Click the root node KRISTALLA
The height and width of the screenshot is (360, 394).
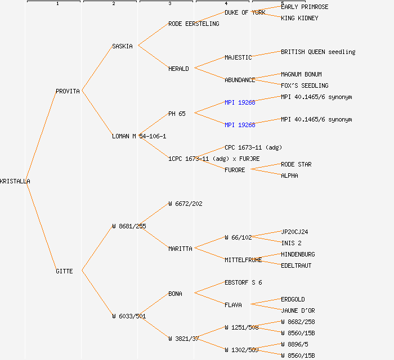click(x=15, y=181)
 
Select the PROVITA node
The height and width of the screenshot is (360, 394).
click(x=68, y=91)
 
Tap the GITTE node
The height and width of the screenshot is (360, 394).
click(x=64, y=271)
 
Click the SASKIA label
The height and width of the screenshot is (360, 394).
click(x=122, y=46)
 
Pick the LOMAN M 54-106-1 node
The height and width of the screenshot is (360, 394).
click(x=139, y=136)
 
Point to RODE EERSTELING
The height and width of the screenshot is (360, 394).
click(x=194, y=24)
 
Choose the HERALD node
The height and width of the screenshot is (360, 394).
click(x=178, y=69)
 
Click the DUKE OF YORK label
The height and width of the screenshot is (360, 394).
click(x=245, y=12)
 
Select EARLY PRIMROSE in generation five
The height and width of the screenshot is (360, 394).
click(x=305, y=7)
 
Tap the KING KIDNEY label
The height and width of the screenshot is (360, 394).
click(x=299, y=18)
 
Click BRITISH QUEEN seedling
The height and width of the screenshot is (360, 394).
click(x=318, y=52)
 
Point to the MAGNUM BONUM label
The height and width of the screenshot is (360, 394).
click(x=301, y=74)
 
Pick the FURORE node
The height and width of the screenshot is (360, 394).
click(x=235, y=170)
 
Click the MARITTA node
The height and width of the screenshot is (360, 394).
click(x=180, y=249)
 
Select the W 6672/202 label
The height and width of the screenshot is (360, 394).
click(x=185, y=204)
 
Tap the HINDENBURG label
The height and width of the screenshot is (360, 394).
click(x=298, y=254)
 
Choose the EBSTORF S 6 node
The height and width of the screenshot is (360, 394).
click(x=243, y=282)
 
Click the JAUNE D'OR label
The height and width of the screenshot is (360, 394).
click(x=298, y=310)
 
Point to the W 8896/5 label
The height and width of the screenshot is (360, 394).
click(x=294, y=344)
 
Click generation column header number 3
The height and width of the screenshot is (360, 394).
click(x=169, y=4)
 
